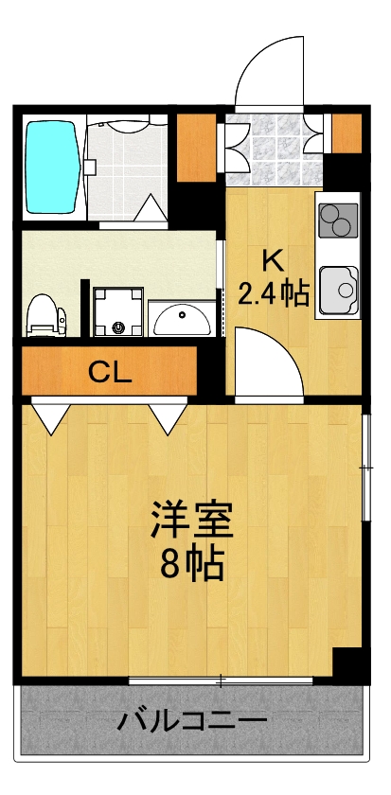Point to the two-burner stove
point(337,222)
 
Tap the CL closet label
point(110,371)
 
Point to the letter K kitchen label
point(272,258)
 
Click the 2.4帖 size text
point(273,294)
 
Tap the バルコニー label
point(192,722)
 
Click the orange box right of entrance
point(347,132)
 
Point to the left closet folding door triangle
point(50,414)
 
